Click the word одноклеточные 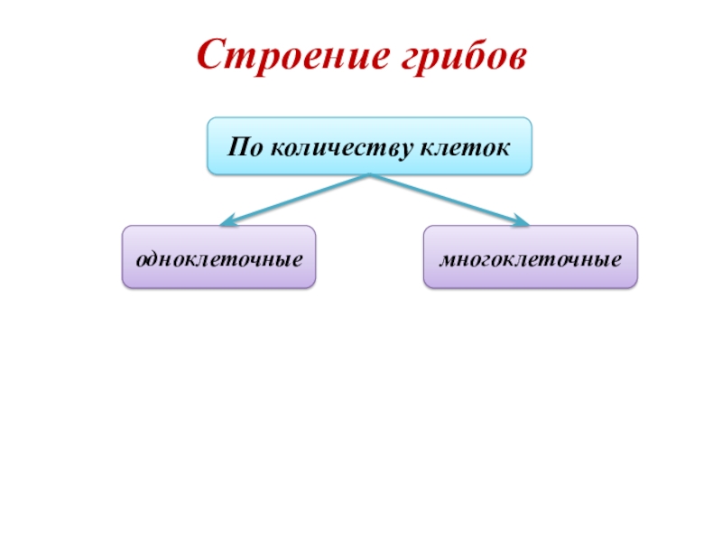(218, 258)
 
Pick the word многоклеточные (531, 258)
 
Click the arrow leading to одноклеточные (298, 198)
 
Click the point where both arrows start (370, 175)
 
